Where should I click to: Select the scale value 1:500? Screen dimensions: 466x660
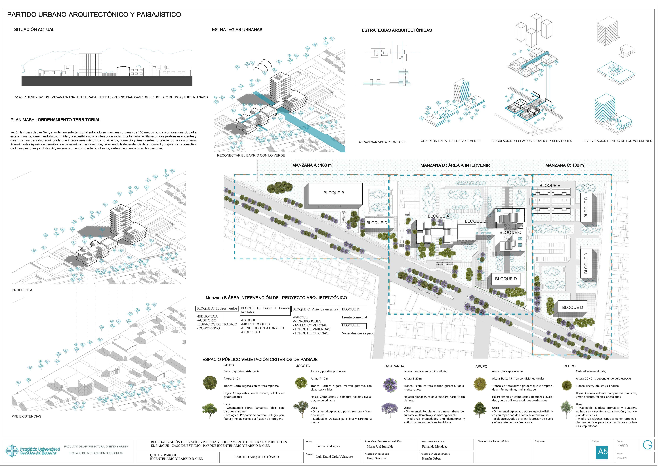623,446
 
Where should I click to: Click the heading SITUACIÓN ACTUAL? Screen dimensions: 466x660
34,30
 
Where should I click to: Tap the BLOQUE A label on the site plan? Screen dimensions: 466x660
438,216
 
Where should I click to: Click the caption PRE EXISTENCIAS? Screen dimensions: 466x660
26,416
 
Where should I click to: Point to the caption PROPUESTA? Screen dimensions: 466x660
22,290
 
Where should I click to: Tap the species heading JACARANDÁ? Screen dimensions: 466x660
394,366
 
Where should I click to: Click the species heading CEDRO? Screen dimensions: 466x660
569,366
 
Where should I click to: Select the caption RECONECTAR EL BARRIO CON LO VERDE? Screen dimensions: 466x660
251,155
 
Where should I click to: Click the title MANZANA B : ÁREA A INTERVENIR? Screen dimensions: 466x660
455,165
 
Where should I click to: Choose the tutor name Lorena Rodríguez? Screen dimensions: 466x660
328,446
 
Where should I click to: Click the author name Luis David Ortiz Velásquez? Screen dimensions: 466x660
334,457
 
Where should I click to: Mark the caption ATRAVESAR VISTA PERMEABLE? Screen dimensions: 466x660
382,142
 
